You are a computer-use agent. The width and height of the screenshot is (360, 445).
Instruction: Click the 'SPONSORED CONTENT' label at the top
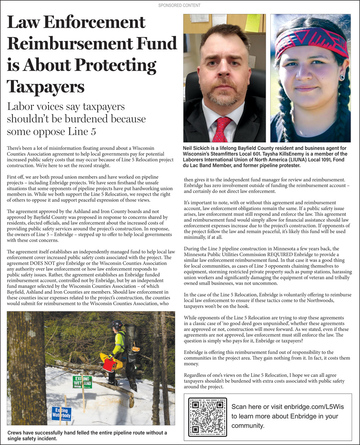click(179, 5)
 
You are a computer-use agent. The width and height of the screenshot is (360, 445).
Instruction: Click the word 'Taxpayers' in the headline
click(45, 87)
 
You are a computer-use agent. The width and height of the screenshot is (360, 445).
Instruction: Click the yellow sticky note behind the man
click(252, 23)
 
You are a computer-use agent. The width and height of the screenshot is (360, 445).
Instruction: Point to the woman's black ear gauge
click(342, 77)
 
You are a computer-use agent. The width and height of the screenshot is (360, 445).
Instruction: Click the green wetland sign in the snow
click(82, 382)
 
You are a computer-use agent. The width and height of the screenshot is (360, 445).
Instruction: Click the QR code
click(208, 417)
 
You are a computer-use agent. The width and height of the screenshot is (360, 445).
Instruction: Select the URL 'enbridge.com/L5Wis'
click(314, 407)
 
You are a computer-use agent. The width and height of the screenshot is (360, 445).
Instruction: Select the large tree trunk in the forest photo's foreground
click(26, 368)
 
